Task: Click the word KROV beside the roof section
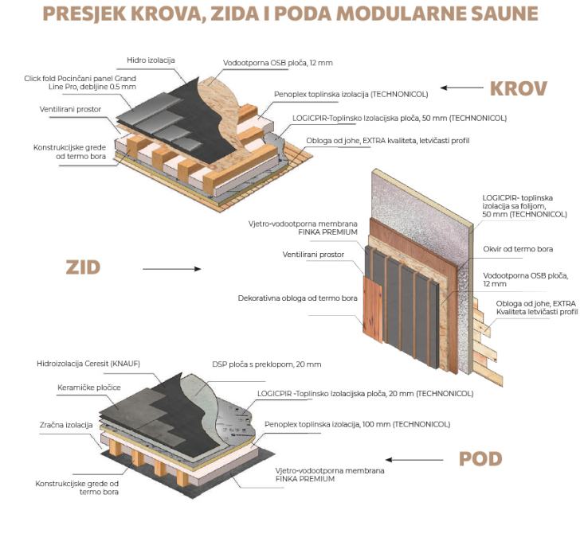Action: pos(518,88)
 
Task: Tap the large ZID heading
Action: pos(83,267)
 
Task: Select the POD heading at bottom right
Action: pos(480,458)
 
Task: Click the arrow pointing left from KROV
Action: pos(462,88)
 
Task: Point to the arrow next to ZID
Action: pos(172,269)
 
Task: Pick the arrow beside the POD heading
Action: pos(414,460)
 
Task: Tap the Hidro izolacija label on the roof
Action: pos(151,60)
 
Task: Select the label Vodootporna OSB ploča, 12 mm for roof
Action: pos(278,63)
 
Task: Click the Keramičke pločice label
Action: pos(89,387)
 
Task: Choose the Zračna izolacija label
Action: pos(66,425)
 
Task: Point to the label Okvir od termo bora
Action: pos(518,249)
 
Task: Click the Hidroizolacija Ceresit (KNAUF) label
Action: pos(88,364)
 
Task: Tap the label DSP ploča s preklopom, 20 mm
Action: pos(267,364)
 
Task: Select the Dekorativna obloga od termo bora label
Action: pos(298,298)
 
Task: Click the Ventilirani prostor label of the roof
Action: pos(70,109)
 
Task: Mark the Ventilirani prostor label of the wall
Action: pos(313,255)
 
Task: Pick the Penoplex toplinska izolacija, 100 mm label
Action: pos(357,424)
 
